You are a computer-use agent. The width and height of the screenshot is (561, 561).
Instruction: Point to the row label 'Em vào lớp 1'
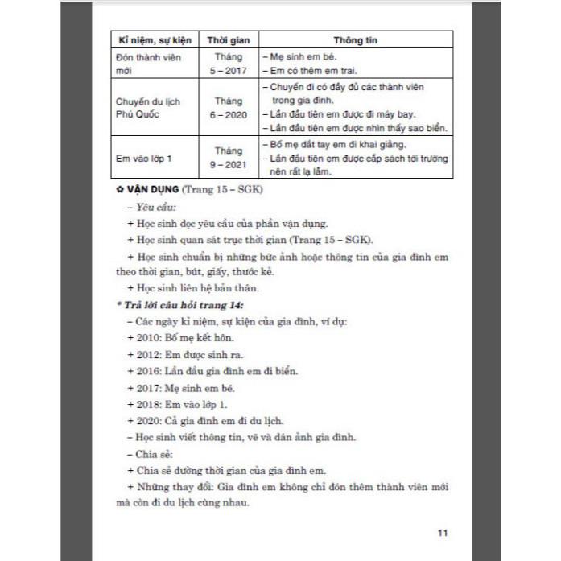tap(144, 158)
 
